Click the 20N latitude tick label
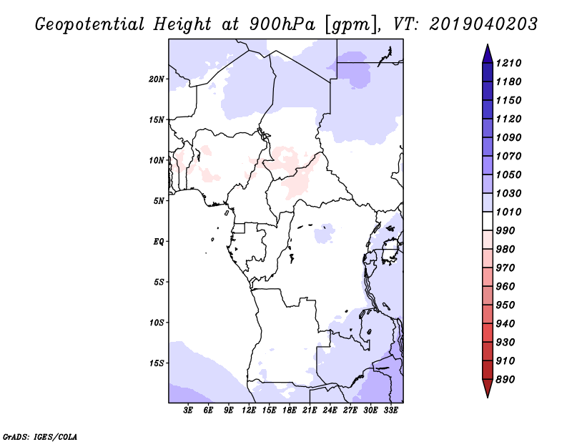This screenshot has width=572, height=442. click(157, 79)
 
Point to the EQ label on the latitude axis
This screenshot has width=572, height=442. click(159, 242)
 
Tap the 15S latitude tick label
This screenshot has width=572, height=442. click(157, 363)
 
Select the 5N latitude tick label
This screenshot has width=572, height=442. click(159, 201)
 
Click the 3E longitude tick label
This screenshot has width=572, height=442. click(188, 411)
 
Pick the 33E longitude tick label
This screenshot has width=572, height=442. click(390, 411)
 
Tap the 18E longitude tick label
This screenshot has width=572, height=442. click(290, 411)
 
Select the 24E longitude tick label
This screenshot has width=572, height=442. click(330, 411)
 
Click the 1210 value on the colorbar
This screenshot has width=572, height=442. click(508, 63)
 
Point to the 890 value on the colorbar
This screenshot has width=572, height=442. click(506, 380)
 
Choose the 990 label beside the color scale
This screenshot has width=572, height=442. click(506, 231)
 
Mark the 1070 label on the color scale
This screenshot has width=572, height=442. click(508, 156)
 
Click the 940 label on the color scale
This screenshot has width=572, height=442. click(506, 324)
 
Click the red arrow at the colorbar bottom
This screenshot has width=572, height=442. click(488, 388)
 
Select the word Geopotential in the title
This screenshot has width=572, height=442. click(90, 25)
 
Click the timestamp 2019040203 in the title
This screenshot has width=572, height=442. click(483, 24)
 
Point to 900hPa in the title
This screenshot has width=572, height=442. click(282, 24)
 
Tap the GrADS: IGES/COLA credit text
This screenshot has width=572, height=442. click(40, 437)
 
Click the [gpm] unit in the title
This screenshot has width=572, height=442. click(351, 25)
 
